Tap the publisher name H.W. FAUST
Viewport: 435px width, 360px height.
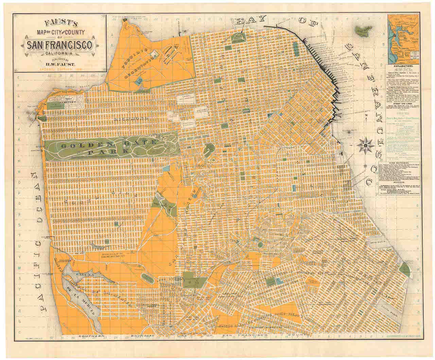60,62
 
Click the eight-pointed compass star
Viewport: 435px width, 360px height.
364,146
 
